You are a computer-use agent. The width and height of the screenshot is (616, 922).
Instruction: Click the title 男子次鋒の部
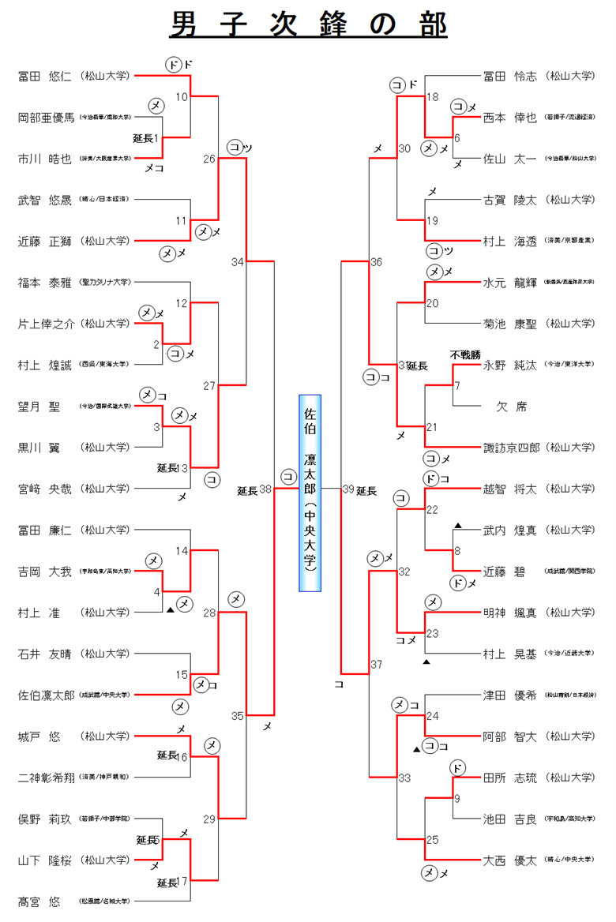click(x=308, y=24)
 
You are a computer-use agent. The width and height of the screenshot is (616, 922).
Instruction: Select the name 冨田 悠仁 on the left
click(x=44, y=77)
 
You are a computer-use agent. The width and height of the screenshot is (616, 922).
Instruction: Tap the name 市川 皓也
click(x=44, y=158)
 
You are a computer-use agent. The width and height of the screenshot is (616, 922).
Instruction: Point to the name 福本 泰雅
click(x=44, y=282)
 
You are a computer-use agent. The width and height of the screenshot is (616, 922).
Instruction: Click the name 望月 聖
click(x=39, y=406)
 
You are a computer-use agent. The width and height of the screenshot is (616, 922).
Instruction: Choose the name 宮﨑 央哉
click(x=44, y=489)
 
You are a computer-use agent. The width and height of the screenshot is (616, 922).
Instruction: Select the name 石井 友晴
click(x=44, y=654)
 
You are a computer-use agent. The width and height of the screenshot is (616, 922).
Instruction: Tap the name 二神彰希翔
click(x=46, y=777)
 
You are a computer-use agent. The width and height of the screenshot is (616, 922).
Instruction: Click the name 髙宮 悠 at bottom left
click(x=39, y=901)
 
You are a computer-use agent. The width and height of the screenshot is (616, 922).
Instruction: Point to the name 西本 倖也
click(x=509, y=118)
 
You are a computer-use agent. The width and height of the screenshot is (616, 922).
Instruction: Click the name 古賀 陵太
click(x=509, y=200)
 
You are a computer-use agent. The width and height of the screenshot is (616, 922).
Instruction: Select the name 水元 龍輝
click(x=509, y=282)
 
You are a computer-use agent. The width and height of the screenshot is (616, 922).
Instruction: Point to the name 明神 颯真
click(x=509, y=612)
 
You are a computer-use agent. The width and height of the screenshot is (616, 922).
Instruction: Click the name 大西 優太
click(x=509, y=859)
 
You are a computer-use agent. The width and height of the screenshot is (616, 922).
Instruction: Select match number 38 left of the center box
click(x=265, y=489)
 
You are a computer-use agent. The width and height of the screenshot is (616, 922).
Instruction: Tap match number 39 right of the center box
click(x=348, y=489)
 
